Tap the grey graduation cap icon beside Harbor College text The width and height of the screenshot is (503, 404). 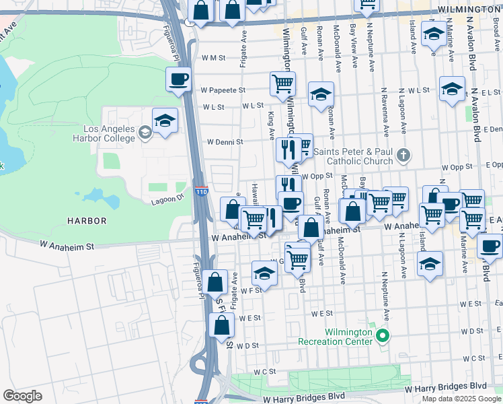click(145, 132)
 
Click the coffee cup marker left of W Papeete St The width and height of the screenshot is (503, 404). click(179, 80)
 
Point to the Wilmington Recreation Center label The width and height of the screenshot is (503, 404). click(339, 337)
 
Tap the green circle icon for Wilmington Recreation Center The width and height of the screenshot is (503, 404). click(383, 335)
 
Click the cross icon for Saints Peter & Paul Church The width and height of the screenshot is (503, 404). click(403, 156)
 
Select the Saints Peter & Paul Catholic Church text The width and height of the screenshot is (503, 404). click(360, 156)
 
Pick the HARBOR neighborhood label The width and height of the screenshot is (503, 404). click(87, 220)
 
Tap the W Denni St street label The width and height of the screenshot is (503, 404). click(225, 142)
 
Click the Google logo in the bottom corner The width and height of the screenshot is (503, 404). click(22, 396)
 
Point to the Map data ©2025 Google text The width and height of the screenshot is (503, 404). click(461, 399)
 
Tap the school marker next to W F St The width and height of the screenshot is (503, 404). click(265, 274)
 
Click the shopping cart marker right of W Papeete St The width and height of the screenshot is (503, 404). click(283, 84)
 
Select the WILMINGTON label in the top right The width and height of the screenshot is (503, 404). click(469, 9)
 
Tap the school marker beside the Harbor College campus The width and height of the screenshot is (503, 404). click(165, 121)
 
